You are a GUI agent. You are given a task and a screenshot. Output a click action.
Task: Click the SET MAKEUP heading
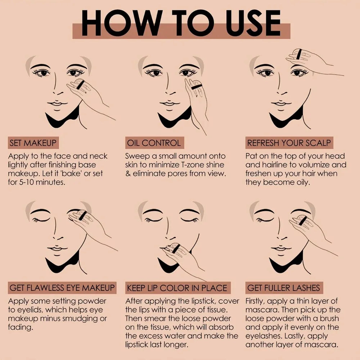click(33, 143)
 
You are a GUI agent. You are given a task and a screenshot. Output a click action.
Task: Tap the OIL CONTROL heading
click(153, 143)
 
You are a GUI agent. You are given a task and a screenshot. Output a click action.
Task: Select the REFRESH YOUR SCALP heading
click(289, 143)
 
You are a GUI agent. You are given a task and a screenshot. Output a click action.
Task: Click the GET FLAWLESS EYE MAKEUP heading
click(62, 288)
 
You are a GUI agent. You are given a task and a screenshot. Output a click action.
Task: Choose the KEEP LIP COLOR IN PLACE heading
click(177, 288)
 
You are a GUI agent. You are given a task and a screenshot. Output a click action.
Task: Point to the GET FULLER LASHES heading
click(283, 288)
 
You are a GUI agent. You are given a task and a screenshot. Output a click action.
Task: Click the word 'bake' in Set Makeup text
click(74, 174)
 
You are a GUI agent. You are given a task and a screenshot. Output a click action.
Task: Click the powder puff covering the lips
click(175, 248)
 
